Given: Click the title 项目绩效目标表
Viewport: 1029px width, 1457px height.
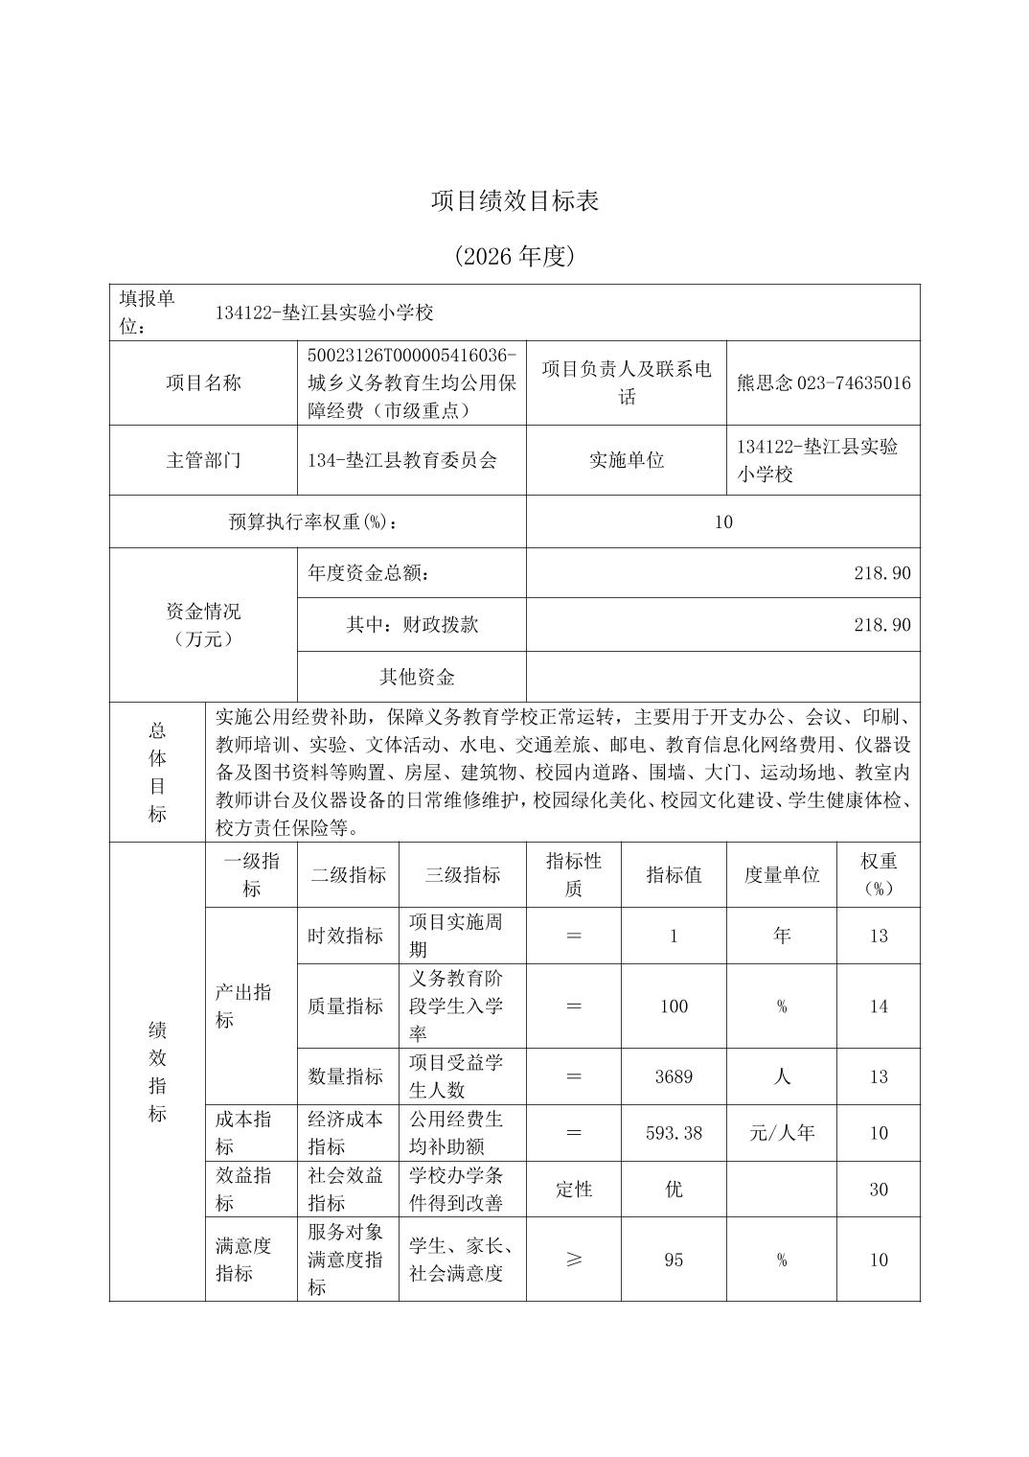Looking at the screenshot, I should [x=514, y=201].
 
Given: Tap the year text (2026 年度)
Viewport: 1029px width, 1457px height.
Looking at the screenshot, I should [x=514, y=256].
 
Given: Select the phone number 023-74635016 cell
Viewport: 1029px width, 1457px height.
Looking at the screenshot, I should [x=823, y=383].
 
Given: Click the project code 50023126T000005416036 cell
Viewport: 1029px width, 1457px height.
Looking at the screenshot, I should [x=412, y=356].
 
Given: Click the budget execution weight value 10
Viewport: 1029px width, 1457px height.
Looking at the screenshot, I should [x=722, y=521].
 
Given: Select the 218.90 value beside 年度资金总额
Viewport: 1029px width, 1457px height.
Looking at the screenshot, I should [x=881, y=573].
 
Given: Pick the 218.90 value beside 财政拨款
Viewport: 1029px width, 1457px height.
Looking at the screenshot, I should [x=881, y=625].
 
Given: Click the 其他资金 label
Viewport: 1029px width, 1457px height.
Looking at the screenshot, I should [x=417, y=677].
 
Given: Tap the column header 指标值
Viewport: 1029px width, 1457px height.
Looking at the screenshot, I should [x=674, y=874].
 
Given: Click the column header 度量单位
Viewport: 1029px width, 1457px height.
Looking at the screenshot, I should [x=782, y=874].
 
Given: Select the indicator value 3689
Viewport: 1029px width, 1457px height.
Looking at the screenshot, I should [x=674, y=1076].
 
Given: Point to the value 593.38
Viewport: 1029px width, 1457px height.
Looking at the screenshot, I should [x=674, y=1133].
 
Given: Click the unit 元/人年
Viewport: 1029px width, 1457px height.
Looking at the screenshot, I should [x=782, y=1133].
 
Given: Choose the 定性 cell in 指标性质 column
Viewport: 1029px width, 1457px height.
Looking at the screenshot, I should [x=574, y=1190].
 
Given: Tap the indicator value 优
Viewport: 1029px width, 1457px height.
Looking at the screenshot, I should [x=674, y=1190].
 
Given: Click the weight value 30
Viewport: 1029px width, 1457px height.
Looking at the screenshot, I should [x=879, y=1190].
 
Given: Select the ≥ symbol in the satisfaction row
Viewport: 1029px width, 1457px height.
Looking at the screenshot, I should [x=574, y=1260].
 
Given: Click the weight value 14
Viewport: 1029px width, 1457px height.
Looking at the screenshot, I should [x=879, y=1006].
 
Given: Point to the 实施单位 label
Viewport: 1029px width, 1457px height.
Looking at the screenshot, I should [x=627, y=460].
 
